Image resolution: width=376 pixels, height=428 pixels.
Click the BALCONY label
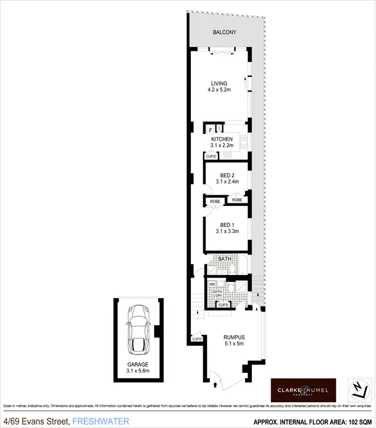224,33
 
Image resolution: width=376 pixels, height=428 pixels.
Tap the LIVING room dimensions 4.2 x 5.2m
219,90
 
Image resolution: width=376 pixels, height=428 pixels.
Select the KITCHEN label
221,140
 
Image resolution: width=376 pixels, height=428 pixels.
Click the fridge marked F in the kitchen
210,129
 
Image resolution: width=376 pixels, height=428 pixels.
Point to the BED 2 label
227,175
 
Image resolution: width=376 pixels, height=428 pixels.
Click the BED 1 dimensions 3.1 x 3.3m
227,232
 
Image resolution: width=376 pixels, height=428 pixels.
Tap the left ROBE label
215,201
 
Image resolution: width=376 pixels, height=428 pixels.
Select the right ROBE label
237,200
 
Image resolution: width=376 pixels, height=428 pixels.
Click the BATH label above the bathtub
224,258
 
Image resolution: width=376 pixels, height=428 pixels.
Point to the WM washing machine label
211,284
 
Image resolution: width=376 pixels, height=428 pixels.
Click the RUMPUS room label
234,337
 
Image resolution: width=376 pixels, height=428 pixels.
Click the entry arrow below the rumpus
216,384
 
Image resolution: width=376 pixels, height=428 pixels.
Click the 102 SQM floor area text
358,422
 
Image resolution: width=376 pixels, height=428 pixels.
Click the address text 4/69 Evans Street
36,422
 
